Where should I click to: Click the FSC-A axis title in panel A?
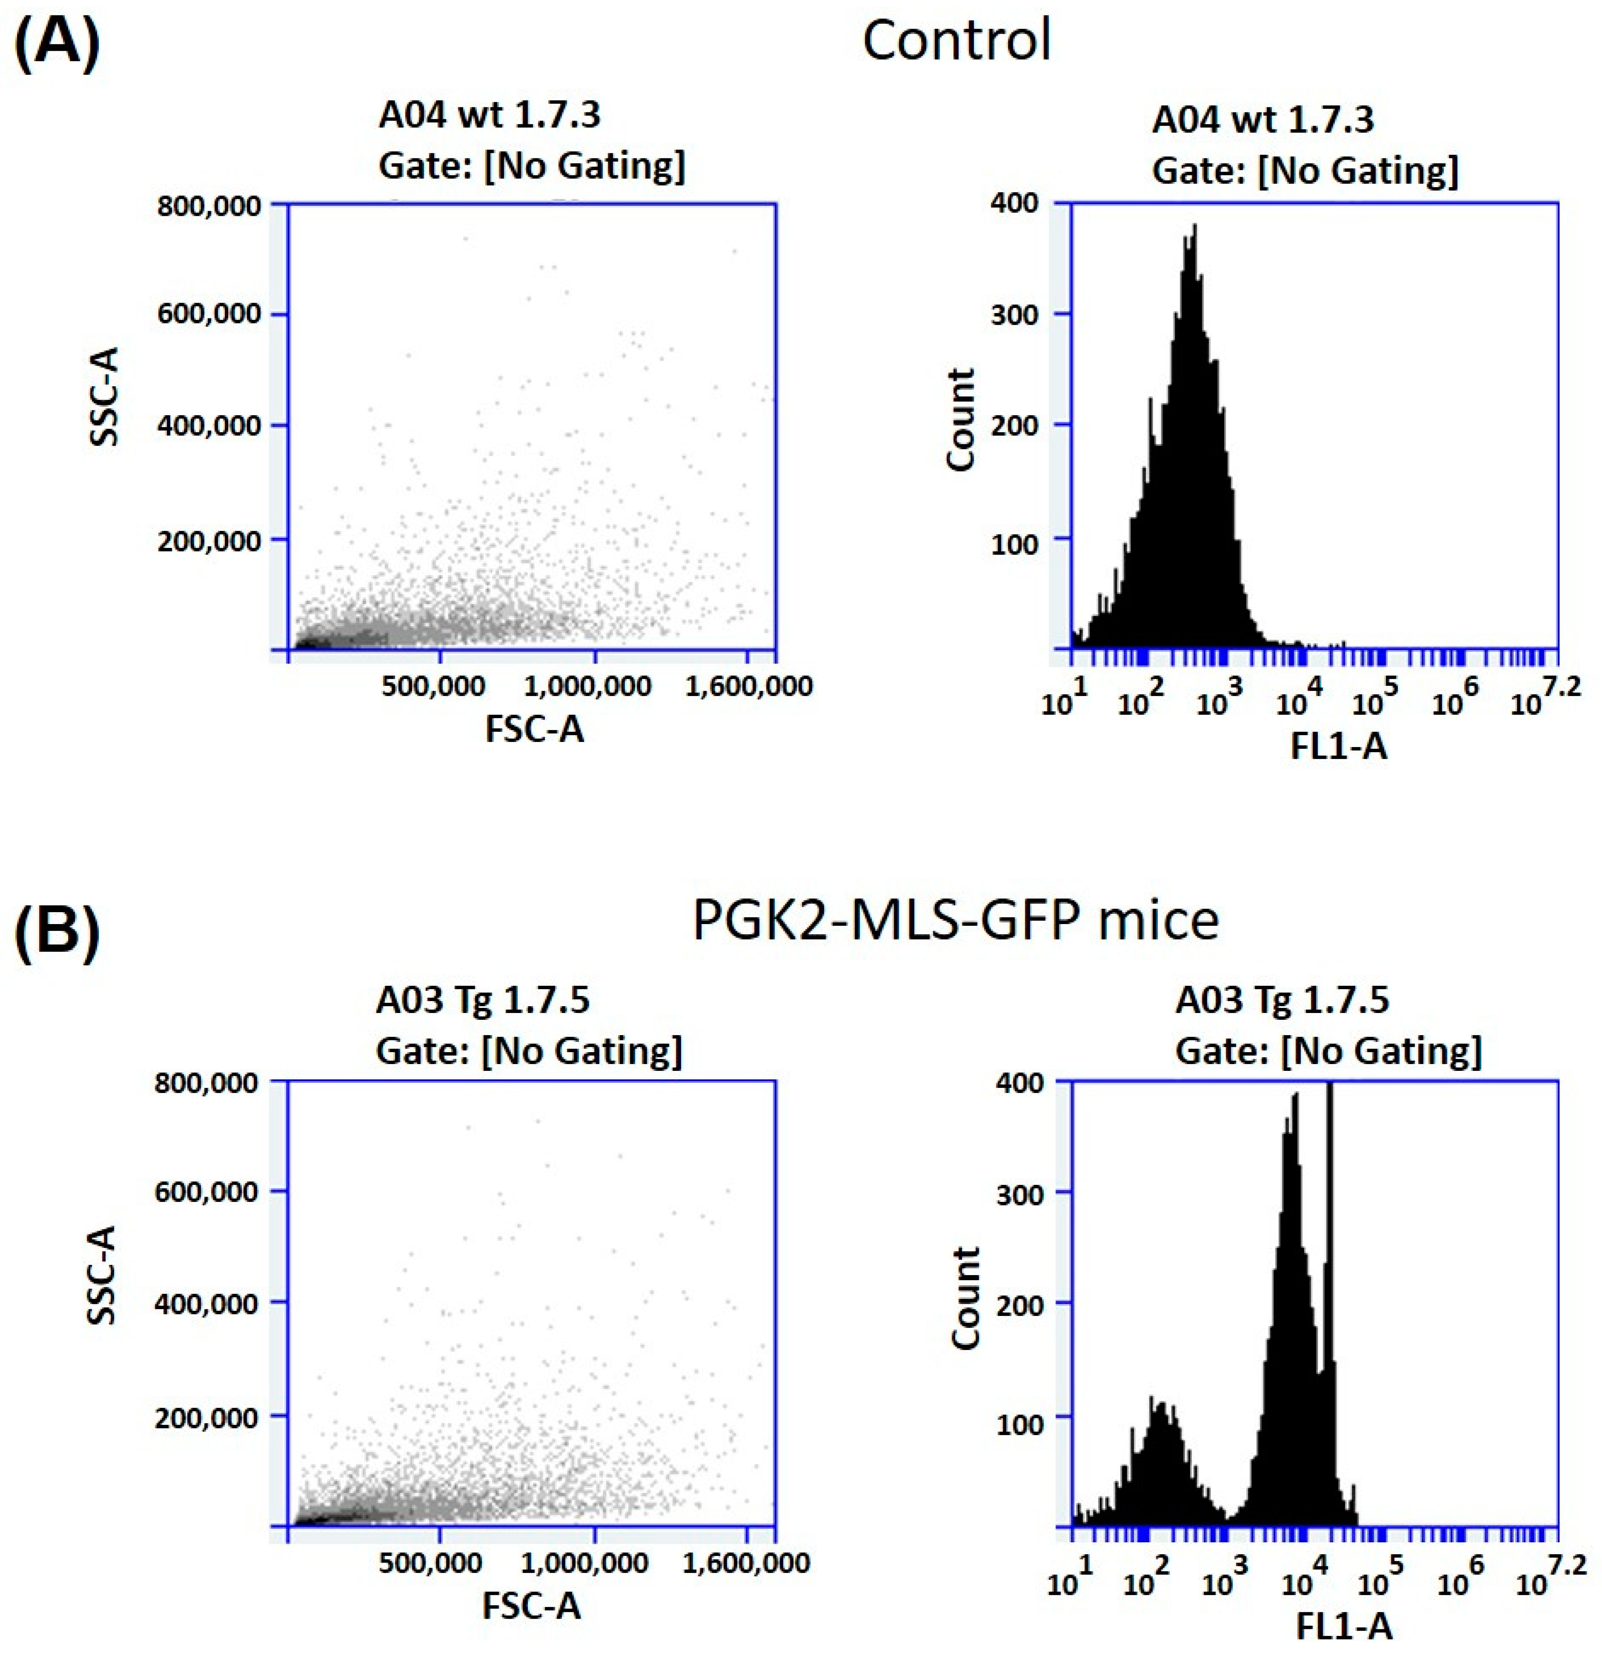pyautogui.click(x=534, y=728)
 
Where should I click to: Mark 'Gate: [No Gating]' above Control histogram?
pyautogui.click(x=1305, y=171)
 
